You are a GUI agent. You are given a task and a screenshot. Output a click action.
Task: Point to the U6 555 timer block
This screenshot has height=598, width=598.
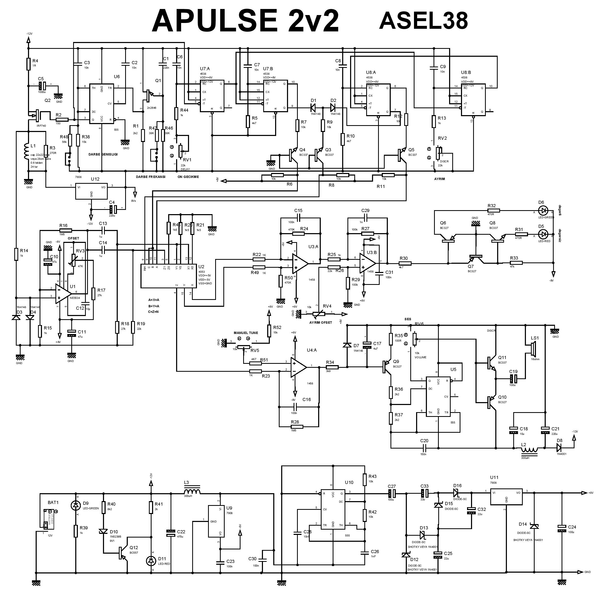pyautogui.click(x=102, y=104)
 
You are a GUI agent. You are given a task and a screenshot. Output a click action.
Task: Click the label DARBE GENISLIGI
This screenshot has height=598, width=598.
pyautogui.click(x=103, y=154)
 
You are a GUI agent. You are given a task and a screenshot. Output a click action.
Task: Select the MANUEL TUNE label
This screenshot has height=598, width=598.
pyautogui.click(x=246, y=333)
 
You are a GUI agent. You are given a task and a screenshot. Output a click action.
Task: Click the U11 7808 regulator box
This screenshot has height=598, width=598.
pyautogui.click(x=506, y=498)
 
